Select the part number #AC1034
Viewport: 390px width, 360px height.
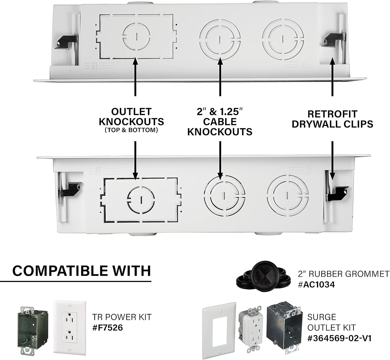click(x=316, y=285)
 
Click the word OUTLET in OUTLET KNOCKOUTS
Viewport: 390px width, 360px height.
click(x=131, y=112)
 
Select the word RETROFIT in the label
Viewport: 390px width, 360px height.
click(x=332, y=114)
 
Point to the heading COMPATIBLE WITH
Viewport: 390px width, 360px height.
click(x=82, y=271)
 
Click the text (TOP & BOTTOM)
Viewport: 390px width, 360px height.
click(x=131, y=130)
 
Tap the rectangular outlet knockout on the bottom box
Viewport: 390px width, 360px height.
click(x=141, y=200)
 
